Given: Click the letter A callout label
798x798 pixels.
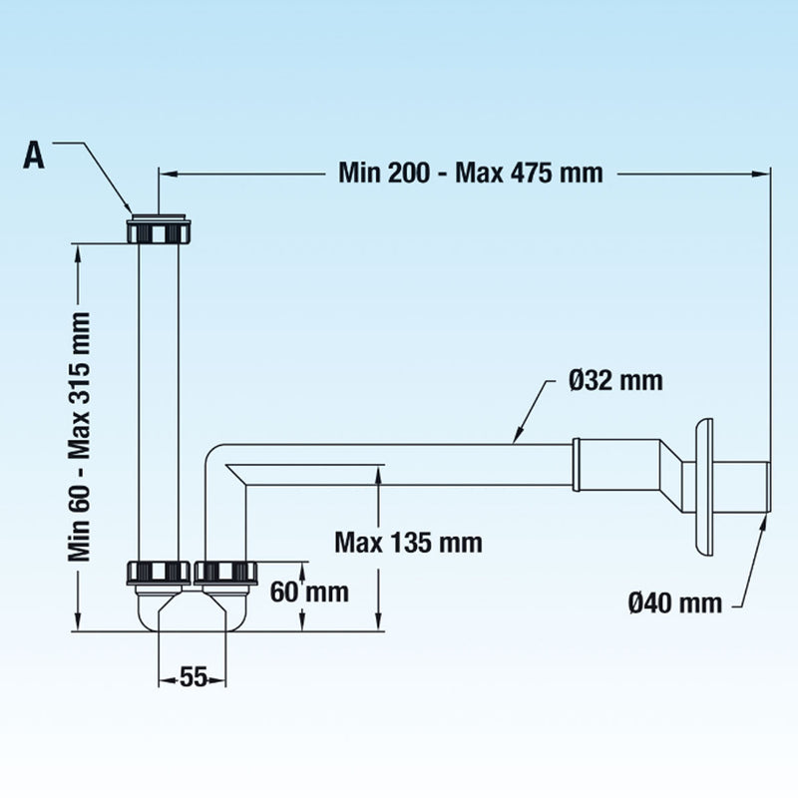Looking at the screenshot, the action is [x=34, y=155].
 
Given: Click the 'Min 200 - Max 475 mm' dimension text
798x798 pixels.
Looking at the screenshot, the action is [x=471, y=173].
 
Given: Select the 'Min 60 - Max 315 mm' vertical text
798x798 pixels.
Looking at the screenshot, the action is [x=80, y=437].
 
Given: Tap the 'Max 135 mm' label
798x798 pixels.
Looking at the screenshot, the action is [x=408, y=543].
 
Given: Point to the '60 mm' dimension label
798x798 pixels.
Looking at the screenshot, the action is [x=309, y=592].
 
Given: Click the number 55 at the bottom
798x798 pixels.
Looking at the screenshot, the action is [x=194, y=677].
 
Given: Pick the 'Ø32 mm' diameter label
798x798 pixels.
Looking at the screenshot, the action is [x=615, y=381].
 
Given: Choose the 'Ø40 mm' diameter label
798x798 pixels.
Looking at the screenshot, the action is [x=675, y=603].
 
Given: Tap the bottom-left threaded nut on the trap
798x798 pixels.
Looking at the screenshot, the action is [x=159, y=573].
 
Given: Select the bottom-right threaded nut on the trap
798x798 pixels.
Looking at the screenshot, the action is [x=225, y=573].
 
